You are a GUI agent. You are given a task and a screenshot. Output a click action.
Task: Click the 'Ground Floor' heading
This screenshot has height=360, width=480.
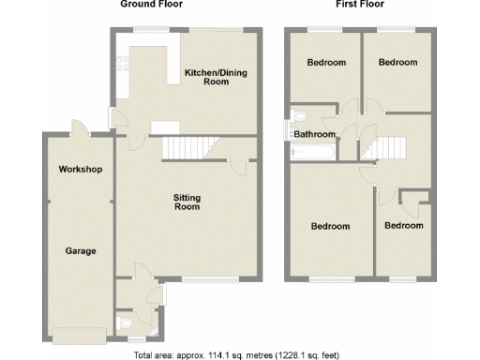pyautogui.click(x=150, y=5)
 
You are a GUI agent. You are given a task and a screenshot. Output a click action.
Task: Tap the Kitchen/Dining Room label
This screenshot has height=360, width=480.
pyautogui.click(x=207, y=77)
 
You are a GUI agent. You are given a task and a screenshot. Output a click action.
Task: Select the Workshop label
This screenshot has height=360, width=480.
pyautogui.click(x=80, y=170)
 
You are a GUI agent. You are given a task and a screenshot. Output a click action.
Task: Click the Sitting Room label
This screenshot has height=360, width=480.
pyautogui.click(x=187, y=202)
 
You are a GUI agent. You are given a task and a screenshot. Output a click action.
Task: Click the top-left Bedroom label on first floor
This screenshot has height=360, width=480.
pyautogui.click(x=326, y=63)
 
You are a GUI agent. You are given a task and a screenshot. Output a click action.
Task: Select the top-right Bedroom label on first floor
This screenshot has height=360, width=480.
pyautogui.click(x=397, y=63)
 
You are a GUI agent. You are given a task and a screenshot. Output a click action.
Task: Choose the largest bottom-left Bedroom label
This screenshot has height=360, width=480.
pyautogui.click(x=330, y=227)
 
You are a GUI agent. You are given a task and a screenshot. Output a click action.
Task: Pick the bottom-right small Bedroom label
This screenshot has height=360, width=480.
pyautogui.click(x=404, y=227)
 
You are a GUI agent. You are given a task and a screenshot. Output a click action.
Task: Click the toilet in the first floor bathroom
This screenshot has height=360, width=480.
pyautogui.click(x=298, y=117)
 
